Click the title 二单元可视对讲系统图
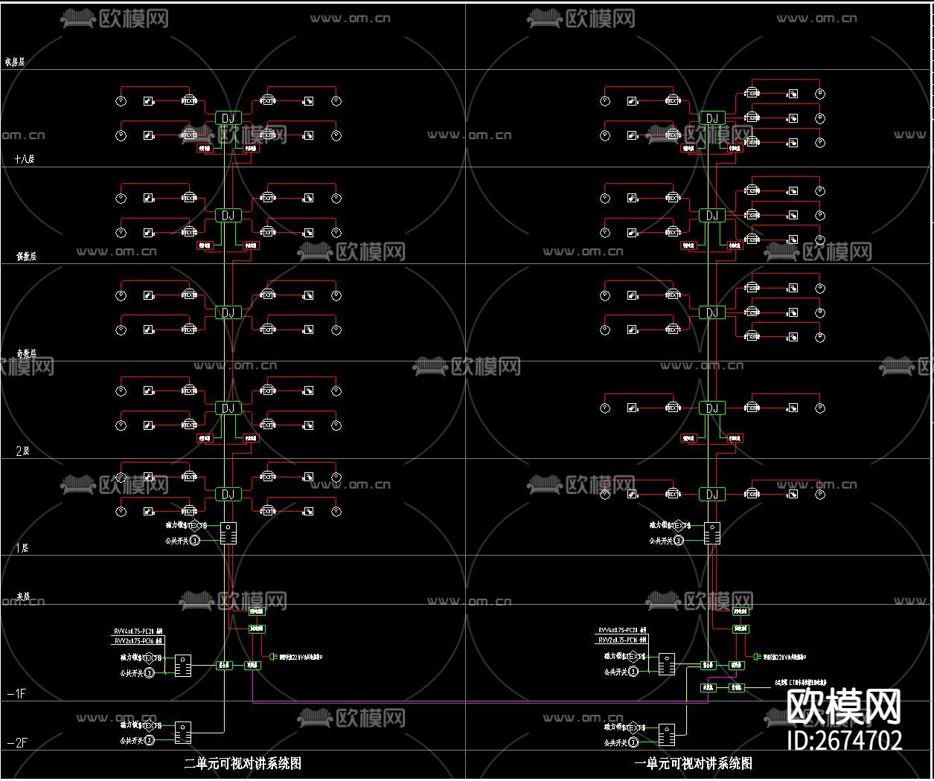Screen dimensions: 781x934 click(x=243, y=763)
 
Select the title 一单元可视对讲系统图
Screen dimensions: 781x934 click(x=694, y=763)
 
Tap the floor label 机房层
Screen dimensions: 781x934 click(x=15, y=62)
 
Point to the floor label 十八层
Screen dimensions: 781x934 click(x=25, y=158)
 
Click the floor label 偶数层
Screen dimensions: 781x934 click(x=26, y=256)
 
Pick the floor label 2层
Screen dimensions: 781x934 click(x=22, y=451)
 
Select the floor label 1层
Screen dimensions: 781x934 click(x=22, y=548)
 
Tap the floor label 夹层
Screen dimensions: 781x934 click(x=23, y=597)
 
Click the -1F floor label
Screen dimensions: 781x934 click(x=16, y=694)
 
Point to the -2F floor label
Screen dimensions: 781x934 click(x=17, y=742)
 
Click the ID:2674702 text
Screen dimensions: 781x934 click(x=845, y=740)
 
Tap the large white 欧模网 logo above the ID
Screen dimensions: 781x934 click(x=844, y=706)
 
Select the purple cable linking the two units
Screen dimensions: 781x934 click(x=469, y=701)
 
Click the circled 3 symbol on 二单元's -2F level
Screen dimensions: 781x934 click(x=149, y=740)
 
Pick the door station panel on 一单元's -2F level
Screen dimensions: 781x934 click(x=667, y=735)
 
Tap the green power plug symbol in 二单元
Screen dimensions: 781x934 click(x=272, y=657)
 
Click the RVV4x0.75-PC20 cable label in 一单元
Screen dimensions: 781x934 click(x=621, y=630)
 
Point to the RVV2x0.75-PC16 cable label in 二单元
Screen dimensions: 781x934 click(x=138, y=640)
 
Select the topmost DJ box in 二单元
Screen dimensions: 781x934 click(x=228, y=118)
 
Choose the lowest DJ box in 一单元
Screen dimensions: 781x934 click(x=712, y=494)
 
